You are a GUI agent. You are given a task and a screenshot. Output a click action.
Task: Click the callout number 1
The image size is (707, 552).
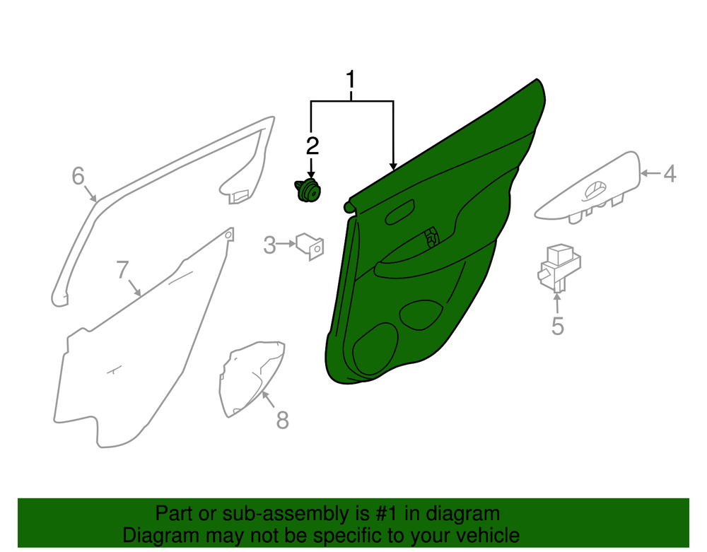pyautogui.click(x=351, y=80)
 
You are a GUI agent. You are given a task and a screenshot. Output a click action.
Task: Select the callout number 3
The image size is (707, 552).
pyautogui.click(x=269, y=245)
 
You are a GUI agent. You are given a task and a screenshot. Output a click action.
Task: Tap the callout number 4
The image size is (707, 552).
pyautogui.click(x=670, y=174)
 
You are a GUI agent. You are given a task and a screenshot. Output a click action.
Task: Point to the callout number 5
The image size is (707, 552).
pyautogui.click(x=558, y=326)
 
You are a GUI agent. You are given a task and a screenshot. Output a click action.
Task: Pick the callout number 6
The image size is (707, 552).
pyautogui.click(x=78, y=176)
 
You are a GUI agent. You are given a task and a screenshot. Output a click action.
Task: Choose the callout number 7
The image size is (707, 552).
pyautogui.click(x=122, y=270)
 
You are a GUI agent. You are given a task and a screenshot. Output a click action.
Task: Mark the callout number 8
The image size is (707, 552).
pyautogui.click(x=282, y=420)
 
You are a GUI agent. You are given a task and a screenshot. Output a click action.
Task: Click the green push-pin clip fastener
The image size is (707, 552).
pyautogui.click(x=308, y=190)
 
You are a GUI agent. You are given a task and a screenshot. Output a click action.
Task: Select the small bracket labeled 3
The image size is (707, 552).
pyautogui.click(x=310, y=246)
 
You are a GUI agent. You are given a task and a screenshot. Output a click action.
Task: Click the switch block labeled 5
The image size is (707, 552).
pyautogui.click(x=559, y=267)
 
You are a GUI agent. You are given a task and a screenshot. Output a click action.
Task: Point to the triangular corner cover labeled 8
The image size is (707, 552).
pyautogui.click(x=251, y=377)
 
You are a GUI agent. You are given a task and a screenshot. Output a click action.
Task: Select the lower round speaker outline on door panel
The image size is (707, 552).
pyautogui.click(x=375, y=348)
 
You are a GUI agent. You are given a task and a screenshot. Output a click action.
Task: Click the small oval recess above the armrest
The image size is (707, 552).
pyautogui.click(x=400, y=212)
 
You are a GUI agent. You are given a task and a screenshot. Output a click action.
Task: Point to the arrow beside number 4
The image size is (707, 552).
pyautogui.click(x=650, y=173)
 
